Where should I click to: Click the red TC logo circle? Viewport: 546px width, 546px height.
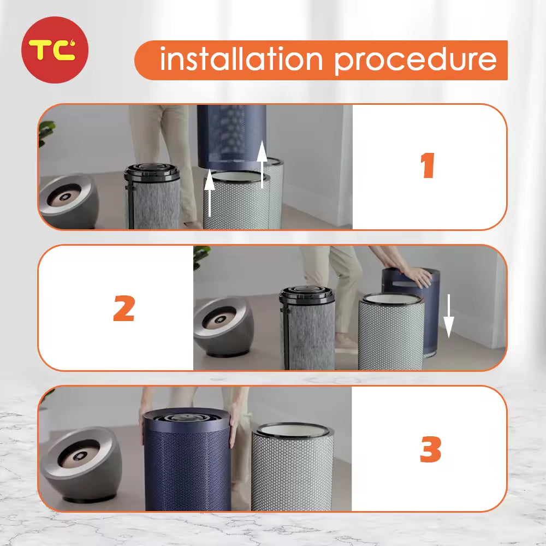coord(55,50)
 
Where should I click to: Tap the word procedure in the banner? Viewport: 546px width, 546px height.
coord(415,61)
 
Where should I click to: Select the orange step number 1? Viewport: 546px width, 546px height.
coord(428,165)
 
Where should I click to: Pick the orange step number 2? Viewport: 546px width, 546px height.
coord(124,308)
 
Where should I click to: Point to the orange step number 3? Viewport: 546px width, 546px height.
coord(430,449)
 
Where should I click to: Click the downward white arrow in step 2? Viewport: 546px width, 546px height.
coord(448,316)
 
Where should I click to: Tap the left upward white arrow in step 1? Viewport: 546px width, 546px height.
coord(209,193)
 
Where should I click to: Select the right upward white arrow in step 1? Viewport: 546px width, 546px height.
coord(262,164)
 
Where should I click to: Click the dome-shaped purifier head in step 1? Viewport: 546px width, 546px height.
coord(69,201)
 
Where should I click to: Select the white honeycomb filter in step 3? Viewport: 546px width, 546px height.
coord(293,467)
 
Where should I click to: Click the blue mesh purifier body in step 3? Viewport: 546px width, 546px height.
coord(187,460)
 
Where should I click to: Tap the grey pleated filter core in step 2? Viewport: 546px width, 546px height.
coord(307,328)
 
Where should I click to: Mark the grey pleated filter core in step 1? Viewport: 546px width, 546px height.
coord(152,197)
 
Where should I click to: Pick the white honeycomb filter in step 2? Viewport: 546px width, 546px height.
coord(391,331)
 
